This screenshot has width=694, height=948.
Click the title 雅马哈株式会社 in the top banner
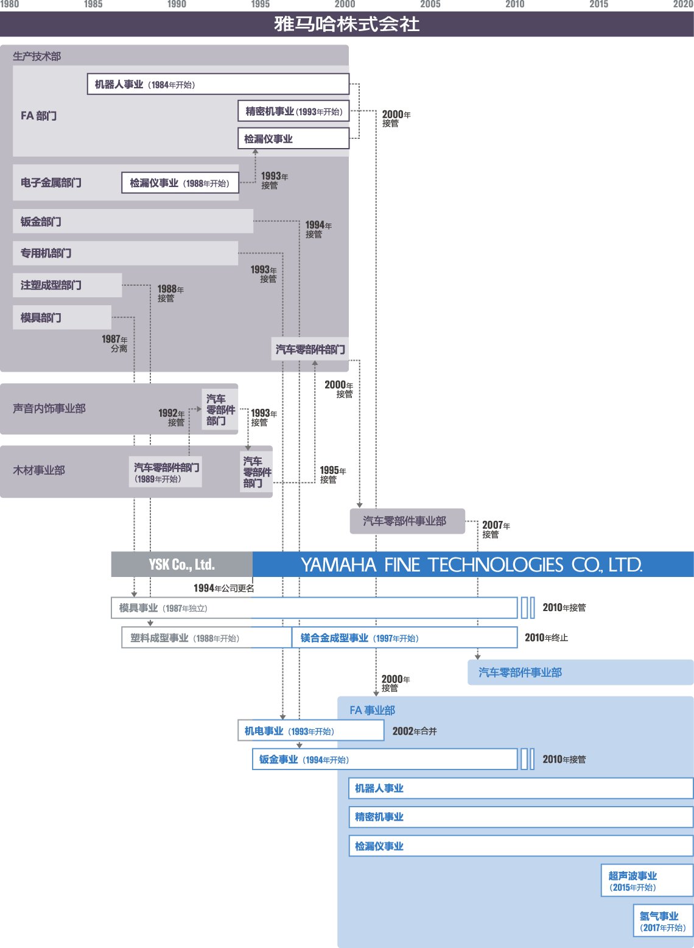pyautogui.click(x=346, y=24)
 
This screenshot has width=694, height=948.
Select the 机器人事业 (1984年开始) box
pyautogui.click(x=218, y=85)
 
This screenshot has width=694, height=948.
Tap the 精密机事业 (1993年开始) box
pyautogui.click(x=293, y=111)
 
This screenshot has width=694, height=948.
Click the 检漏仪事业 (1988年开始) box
pyautogui.click(x=180, y=183)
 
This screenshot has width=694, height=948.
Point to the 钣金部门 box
pyautogui.click(x=133, y=221)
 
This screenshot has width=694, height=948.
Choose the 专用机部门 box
pyautogui.click(x=125, y=253)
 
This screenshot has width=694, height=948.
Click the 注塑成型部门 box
pyautogui.click(x=67, y=285)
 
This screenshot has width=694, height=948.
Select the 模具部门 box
pyautogui.click(x=61, y=317)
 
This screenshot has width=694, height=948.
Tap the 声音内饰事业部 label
pyautogui.click(x=49, y=408)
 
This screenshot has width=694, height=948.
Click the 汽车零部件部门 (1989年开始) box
pyautogui.click(x=166, y=472)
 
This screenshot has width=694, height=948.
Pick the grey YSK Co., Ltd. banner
pyautogui.click(x=181, y=564)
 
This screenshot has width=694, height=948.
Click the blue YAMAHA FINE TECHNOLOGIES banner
pyautogui.click(x=472, y=564)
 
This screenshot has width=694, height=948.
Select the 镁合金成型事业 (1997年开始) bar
pyautogui.click(x=404, y=638)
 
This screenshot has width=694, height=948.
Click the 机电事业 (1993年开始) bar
pyautogui.click(x=310, y=730)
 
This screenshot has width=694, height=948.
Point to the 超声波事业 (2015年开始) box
pyautogui.click(x=647, y=880)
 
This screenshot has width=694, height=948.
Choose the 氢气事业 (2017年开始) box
pyautogui.click(x=663, y=921)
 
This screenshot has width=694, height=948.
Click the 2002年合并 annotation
pyautogui.click(x=415, y=731)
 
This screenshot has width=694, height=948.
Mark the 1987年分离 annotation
pyautogui.click(x=115, y=344)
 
